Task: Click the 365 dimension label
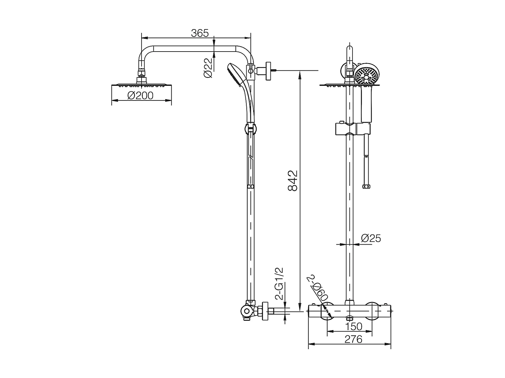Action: click(x=200, y=33)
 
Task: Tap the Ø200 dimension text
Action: click(x=140, y=96)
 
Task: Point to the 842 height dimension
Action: click(x=293, y=181)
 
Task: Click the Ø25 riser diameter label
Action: click(x=371, y=238)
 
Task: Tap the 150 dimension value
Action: click(x=354, y=326)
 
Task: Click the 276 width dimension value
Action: click(x=353, y=339)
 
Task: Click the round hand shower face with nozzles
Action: click(x=367, y=75)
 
